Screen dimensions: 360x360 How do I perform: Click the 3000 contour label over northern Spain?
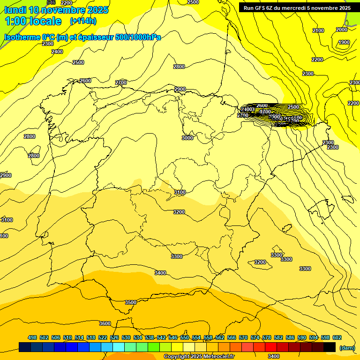[187, 138]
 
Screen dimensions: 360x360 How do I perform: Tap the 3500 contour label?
[131, 302]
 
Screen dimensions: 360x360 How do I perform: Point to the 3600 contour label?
[105, 323]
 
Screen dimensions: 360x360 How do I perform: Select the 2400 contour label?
[57, 52]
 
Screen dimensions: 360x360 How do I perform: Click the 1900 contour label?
[344, 42]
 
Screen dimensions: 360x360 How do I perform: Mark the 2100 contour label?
[318, 30]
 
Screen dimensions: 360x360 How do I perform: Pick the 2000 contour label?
[342, 30]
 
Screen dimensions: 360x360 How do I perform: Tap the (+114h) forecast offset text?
[83, 21]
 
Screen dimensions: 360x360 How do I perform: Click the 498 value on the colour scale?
[32, 337]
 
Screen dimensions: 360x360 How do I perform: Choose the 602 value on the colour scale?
[337, 337]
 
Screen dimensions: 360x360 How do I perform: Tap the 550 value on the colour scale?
[185, 337]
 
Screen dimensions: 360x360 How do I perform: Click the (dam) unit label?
[347, 347]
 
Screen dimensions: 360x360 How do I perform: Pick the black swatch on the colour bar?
[330, 347]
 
